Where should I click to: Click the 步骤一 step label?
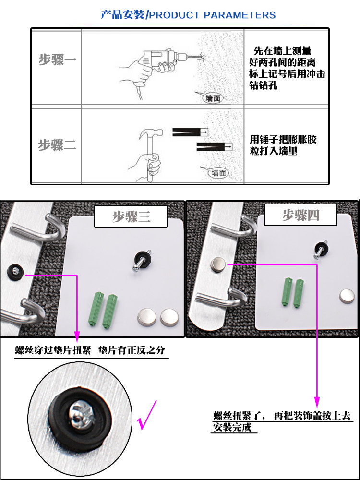57,60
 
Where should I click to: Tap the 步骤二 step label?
57,144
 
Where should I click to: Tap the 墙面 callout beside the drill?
213,98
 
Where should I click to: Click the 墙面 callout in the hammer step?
219,172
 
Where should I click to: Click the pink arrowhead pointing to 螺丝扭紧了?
317,400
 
